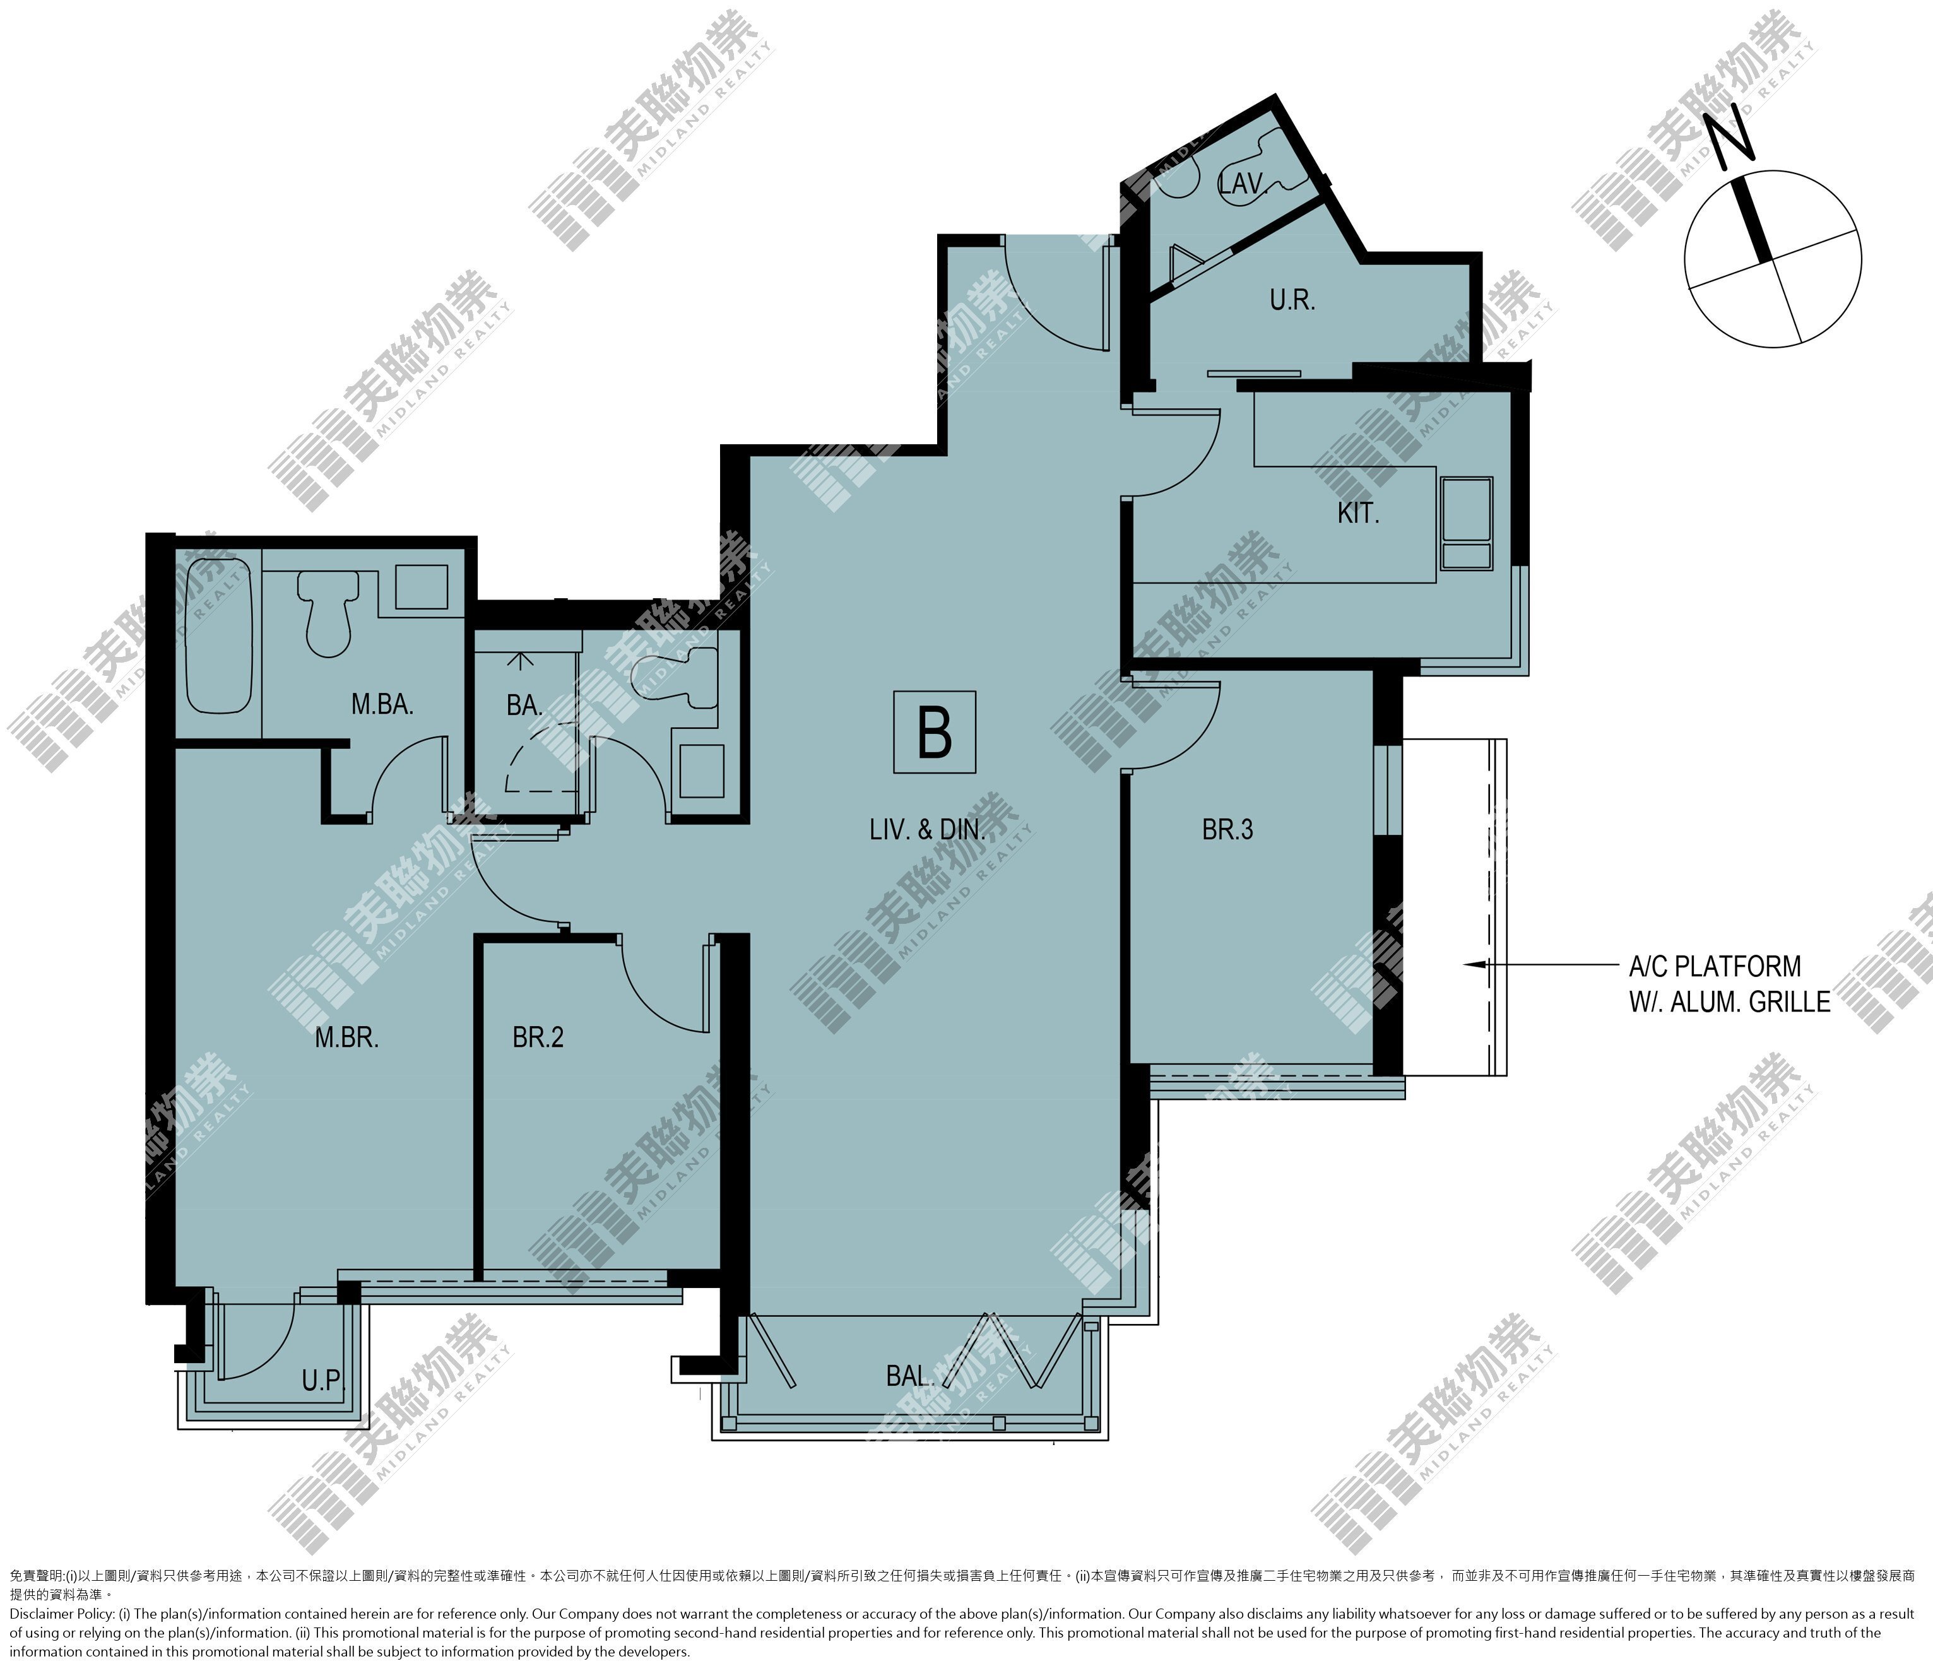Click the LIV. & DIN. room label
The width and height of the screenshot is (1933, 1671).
point(927,829)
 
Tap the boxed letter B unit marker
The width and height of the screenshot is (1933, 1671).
point(934,733)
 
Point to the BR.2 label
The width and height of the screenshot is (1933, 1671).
point(538,1037)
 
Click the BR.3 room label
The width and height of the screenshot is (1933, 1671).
point(1227,829)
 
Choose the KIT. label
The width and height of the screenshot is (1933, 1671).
point(1357,513)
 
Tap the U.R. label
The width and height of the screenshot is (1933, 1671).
point(1292,300)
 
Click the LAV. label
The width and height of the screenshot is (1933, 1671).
point(1242,184)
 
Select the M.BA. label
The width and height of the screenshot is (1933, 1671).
point(382,706)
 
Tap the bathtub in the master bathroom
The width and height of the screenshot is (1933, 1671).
point(219,635)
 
